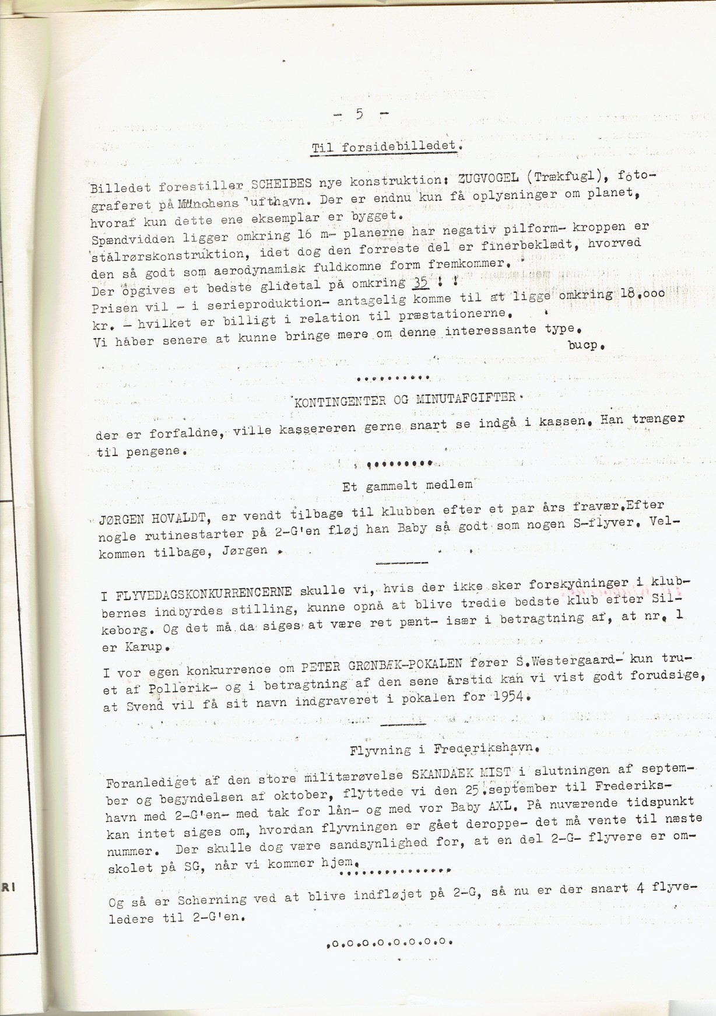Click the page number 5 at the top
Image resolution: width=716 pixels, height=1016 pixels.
click(359, 114)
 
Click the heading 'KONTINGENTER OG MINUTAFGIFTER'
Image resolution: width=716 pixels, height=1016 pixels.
click(405, 400)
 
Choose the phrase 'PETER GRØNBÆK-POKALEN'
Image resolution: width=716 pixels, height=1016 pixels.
click(382, 665)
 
